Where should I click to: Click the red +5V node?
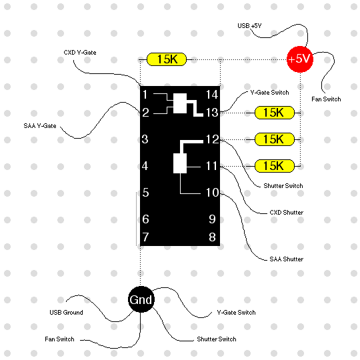point(300,59)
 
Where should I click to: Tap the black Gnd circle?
point(141,299)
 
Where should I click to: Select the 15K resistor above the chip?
point(167,59)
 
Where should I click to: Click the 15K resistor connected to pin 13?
point(275,113)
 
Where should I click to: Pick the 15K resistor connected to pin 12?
point(275,139)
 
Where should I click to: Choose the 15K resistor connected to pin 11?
point(275,166)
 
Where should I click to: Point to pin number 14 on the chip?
point(212,95)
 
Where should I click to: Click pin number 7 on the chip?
point(145,237)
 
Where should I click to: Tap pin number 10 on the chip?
point(212,193)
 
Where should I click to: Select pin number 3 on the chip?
point(145,139)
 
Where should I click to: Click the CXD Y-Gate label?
point(80,53)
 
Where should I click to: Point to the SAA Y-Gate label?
point(40,126)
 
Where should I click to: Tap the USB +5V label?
point(249,26)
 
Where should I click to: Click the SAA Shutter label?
point(286,259)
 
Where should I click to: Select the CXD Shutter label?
point(286,213)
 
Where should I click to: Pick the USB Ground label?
point(66,313)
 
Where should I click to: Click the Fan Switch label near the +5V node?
point(326,99)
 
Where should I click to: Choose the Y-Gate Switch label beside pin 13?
point(269,93)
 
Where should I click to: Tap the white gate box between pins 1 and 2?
point(180,103)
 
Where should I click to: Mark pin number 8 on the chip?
point(212,237)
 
